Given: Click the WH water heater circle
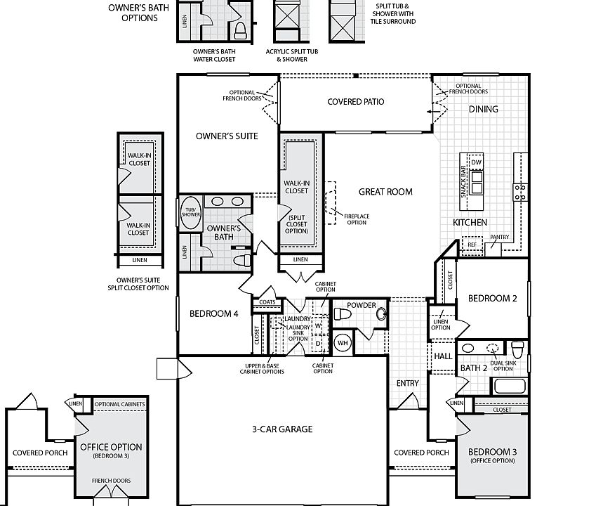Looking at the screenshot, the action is click(343, 343).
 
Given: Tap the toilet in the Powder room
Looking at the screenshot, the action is click(342, 314).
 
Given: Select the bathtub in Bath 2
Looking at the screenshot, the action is click(509, 385).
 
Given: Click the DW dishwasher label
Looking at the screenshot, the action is click(476, 162).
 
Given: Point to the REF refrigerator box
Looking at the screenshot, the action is click(472, 245).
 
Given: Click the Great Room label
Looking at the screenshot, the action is click(385, 192).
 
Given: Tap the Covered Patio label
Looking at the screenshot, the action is click(356, 102).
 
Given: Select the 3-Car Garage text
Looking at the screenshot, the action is click(282, 429).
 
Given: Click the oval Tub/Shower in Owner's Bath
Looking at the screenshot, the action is click(190, 212).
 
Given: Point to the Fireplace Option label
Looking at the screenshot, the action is click(357, 219).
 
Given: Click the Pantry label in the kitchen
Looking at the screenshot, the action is click(500, 237).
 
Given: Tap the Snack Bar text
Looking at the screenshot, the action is click(463, 182).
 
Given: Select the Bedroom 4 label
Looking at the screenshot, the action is click(214, 314).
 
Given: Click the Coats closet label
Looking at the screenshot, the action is click(267, 302).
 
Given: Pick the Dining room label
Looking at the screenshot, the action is click(484, 110).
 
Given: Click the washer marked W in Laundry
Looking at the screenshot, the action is click(318, 326).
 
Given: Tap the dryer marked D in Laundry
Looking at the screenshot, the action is click(318, 343).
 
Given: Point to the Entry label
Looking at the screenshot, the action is click(407, 383).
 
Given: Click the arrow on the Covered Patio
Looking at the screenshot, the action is click(433, 112).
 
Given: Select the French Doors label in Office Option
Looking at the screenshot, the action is click(111, 481).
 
